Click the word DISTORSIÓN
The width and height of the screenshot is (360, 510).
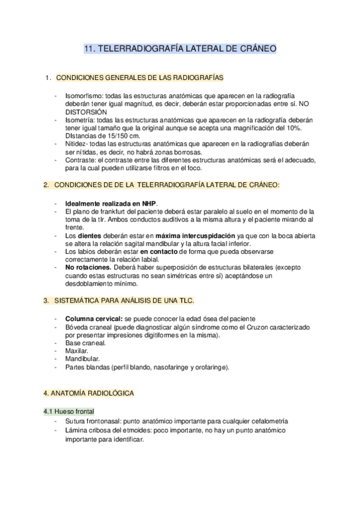pyautogui.click(x=86, y=112)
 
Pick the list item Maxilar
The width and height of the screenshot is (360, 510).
pyautogui.click(x=76, y=351)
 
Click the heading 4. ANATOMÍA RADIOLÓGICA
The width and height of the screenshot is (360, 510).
pyautogui.click(x=88, y=393)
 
